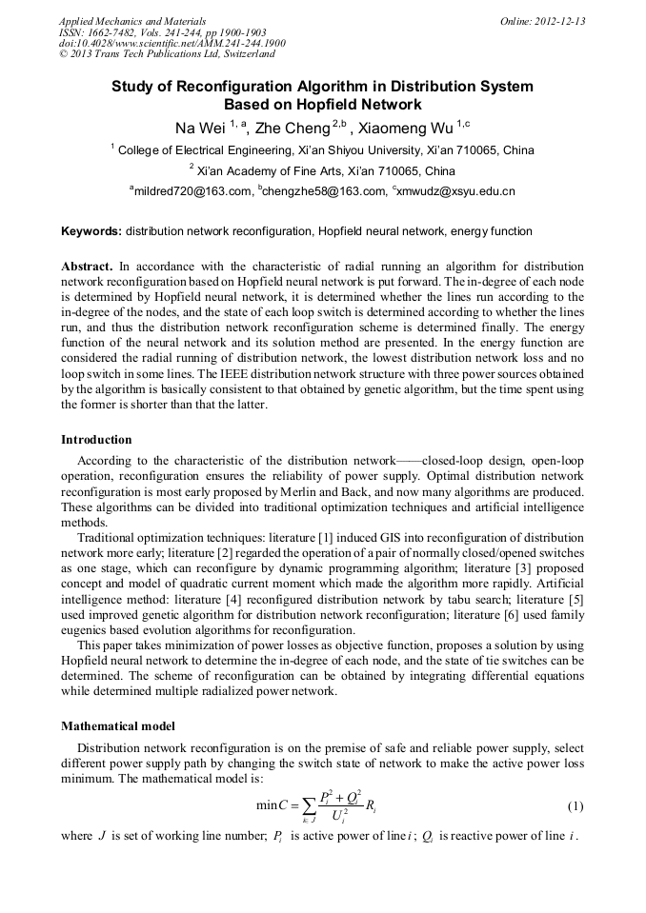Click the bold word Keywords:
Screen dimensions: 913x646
pos(91,231)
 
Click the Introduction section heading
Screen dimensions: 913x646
pos(96,440)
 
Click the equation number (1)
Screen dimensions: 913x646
pos(575,806)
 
